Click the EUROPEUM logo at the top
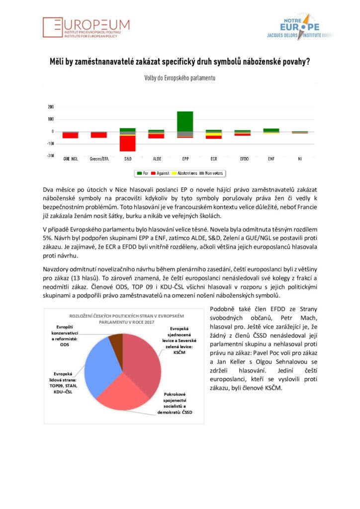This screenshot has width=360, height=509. click(x=86, y=27)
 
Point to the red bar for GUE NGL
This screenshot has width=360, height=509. click(x=70, y=135)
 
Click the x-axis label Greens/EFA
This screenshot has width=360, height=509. click(x=98, y=159)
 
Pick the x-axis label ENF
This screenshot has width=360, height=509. click(x=271, y=159)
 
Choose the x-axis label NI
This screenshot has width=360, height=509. click(x=300, y=159)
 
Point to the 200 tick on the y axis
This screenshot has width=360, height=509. click(x=51, y=107)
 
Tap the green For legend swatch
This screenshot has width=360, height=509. click(x=139, y=173)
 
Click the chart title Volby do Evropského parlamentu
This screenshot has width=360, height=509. click(x=180, y=78)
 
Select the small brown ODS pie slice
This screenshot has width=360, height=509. click(x=116, y=341)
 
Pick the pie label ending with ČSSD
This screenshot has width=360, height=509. click(x=182, y=406)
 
